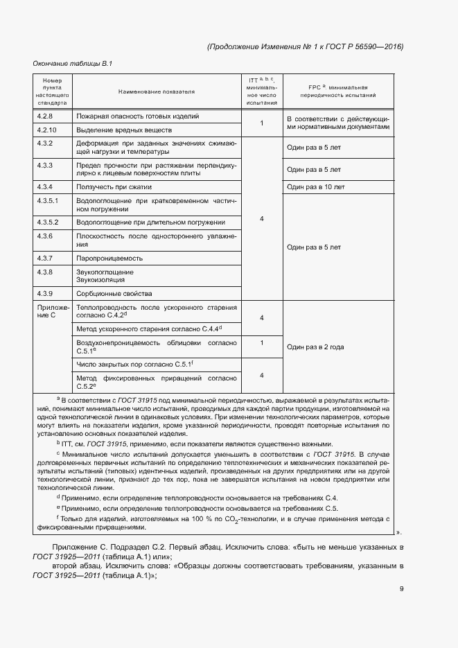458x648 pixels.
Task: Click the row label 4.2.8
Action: (46, 116)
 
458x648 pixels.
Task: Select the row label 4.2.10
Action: (47, 130)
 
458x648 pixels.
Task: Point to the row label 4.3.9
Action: (46, 292)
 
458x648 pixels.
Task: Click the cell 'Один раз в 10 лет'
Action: (316, 187)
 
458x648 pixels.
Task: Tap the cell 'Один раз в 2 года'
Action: (315, 347)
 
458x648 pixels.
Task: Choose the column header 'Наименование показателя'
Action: (156, 91)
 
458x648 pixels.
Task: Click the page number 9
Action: (401, 589)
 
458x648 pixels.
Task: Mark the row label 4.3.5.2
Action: (49, 222)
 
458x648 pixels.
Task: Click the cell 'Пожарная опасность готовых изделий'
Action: (138, 116)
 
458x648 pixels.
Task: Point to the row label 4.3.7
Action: (46, 258)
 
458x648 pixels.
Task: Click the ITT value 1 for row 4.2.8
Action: (262, 123)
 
